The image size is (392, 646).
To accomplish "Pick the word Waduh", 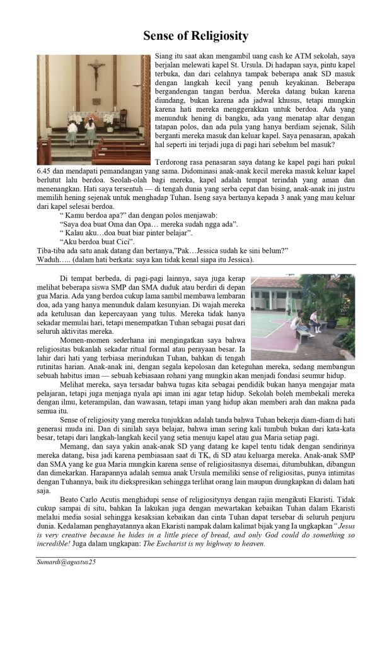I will coord(49,259).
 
